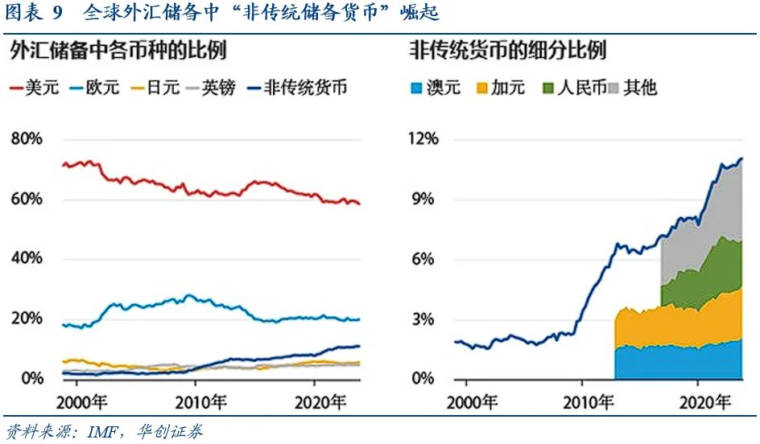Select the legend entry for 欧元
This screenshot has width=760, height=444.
click(x=95, y=88)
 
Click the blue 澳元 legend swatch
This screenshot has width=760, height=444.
click(x=417, y=88)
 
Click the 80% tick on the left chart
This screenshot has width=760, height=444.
click(x=27, y=139)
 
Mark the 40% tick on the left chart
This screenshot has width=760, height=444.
click(x=27, y=259)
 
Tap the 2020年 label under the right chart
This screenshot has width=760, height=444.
click(x=701, y=401)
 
